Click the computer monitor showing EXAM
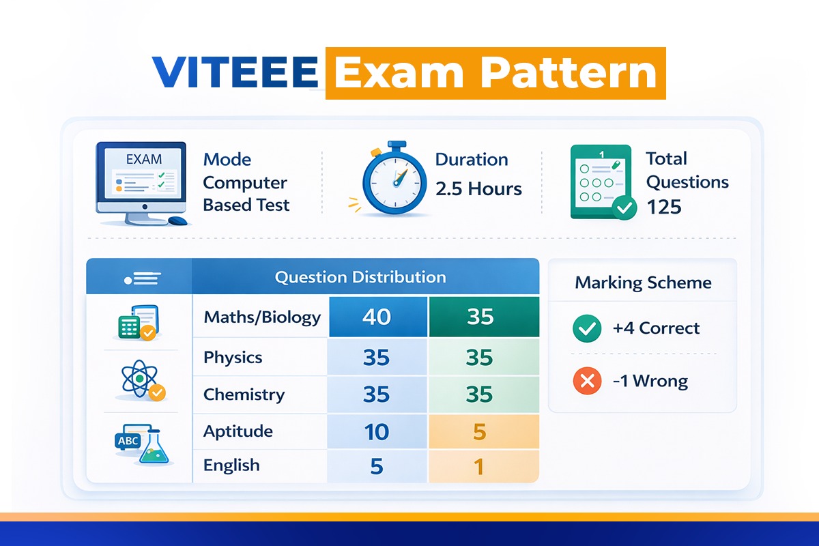[141, 179]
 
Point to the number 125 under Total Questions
[663, 206]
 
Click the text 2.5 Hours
[478, 189]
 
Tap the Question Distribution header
[360, 277]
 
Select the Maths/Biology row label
[262, 317]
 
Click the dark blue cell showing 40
[377, 317]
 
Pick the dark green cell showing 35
[480, 317]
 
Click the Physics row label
[233, 358]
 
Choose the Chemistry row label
[244, 394]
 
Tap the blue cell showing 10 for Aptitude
[376, 431]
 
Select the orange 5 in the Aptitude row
[480, 431]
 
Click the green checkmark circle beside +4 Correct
[586, 329]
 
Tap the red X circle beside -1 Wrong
[586, 381]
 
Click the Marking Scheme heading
[643, 283]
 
